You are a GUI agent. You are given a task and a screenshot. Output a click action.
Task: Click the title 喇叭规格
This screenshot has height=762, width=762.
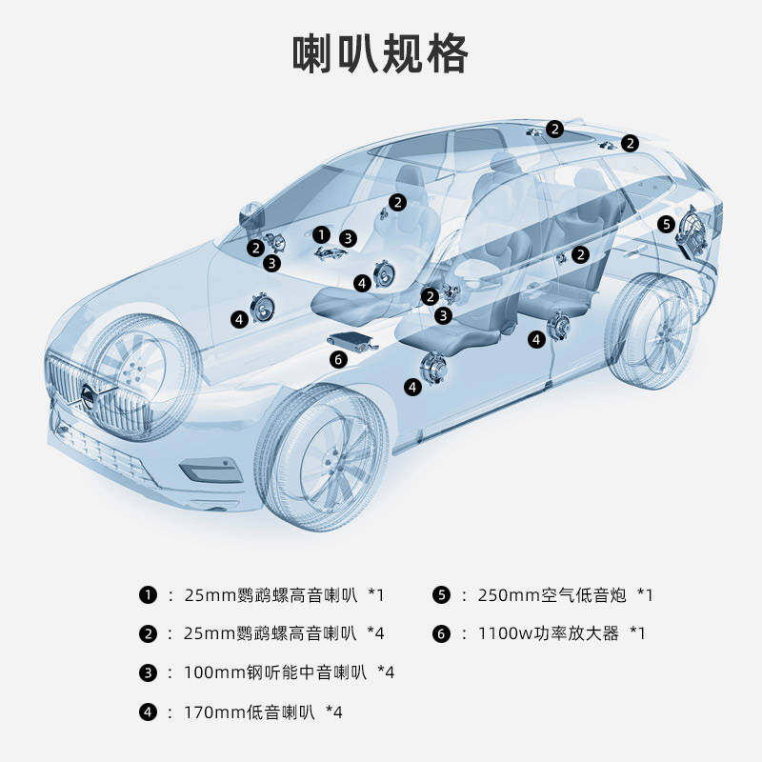(380, 54)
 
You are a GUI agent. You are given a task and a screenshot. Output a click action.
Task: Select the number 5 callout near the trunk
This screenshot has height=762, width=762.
(667, 224)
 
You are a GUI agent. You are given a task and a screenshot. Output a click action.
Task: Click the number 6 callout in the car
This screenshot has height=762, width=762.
(337, 359)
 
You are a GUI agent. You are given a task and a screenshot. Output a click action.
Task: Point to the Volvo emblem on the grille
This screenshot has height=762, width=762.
(89, 392)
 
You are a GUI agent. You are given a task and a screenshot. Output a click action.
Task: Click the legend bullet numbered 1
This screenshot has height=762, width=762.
(148, 595)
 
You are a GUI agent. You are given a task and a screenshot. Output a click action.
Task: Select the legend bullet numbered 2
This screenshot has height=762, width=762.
(148, 633)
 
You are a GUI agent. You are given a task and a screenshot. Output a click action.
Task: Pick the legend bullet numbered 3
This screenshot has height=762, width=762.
(148, 672)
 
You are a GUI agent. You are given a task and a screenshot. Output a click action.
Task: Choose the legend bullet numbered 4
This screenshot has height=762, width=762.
(148, 712)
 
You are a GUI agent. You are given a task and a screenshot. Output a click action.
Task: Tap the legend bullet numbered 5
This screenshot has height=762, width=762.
(440, 595)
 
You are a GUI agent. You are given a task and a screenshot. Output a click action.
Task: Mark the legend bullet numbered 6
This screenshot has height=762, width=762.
(440, 633)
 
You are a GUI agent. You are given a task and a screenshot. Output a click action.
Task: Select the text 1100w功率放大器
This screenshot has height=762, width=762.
(548, 633)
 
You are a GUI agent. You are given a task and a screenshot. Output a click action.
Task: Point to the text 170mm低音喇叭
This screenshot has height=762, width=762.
(249, 712)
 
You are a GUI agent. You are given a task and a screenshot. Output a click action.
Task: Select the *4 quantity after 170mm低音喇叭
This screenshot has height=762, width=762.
(333, 712)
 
